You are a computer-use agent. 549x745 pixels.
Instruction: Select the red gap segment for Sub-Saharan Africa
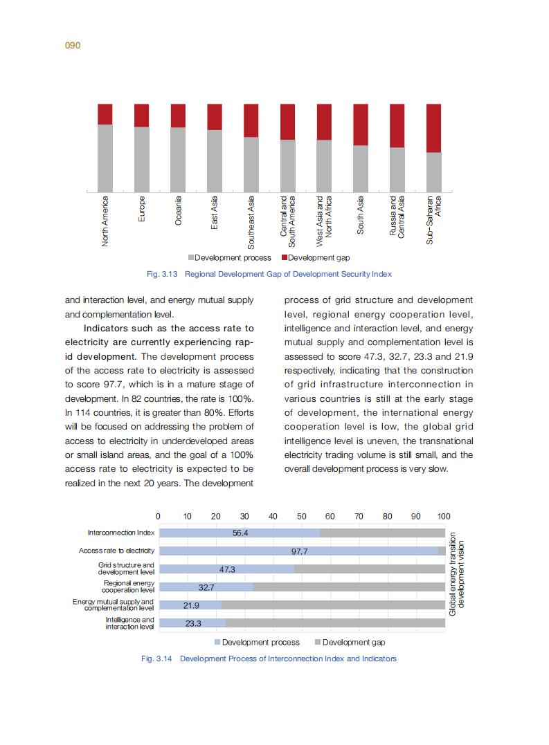(x=434, y=128)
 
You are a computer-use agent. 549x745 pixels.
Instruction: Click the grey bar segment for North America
(x=105, y=158)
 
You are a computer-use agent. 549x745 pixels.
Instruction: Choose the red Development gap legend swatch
(x=284, y=258)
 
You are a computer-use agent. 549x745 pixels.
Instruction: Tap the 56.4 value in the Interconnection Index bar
(x=240, y=533)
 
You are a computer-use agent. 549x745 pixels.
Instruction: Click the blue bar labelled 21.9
(x=190, y=605)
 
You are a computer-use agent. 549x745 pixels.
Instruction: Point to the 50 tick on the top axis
(x=301, y=516)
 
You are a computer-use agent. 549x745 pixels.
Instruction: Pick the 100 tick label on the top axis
(x=444, y=516)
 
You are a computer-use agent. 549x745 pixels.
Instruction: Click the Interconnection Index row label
(x=121, y=533)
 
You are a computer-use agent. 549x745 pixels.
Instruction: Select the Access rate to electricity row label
(x=116, y=551)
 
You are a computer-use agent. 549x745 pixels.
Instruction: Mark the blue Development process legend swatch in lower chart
(x=217, y=643)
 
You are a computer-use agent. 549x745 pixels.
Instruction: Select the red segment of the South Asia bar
(x=361, y=125)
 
